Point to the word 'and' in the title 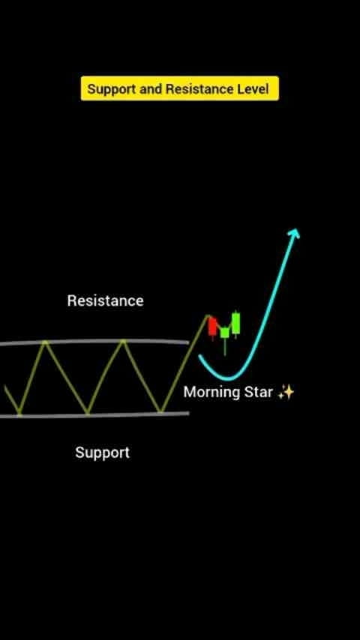click(151, 88)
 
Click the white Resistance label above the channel click(106, 301)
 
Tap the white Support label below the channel click(103, 453)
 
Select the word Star click(258, 392)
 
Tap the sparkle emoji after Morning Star click(286, 392)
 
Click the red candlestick click(212, 327)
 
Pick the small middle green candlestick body click(225, 333)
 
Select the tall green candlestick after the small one click(235, 324)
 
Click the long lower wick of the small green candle click(225, 346)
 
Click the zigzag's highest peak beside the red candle click(208, 316)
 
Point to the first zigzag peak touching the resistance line click(45, 342)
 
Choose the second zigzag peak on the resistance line click(122, 341)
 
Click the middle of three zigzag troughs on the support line click(88, 413)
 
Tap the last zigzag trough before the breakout click(161, 411)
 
